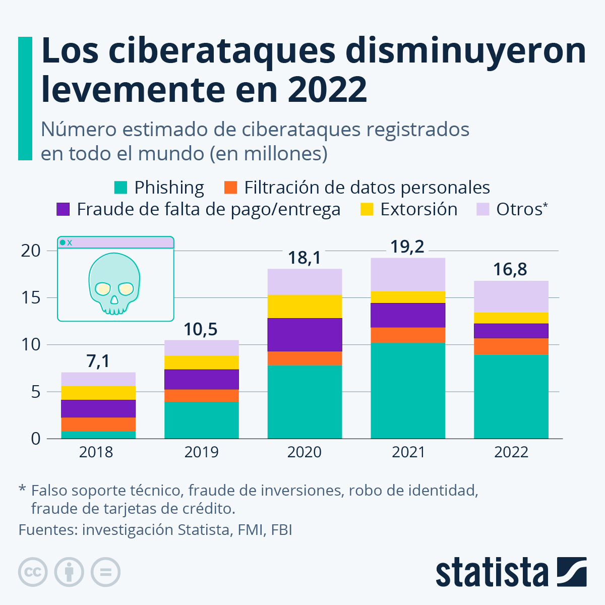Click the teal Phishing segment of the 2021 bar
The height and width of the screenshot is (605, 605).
(x=408, y=390)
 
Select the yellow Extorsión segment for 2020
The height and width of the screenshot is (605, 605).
(x=305, y=307)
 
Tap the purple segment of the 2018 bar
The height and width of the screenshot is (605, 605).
(x=98, y=408)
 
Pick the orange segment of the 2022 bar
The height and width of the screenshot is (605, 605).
(x=511, y=346)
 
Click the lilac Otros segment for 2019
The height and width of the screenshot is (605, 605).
(x=202, y=348)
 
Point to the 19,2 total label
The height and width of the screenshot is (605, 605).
(x=407, y=247)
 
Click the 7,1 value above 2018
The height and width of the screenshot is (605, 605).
(x=98, y=361)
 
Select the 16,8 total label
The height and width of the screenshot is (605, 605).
(x=510, y=270)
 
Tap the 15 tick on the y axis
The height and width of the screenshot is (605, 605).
(x=31, y=298)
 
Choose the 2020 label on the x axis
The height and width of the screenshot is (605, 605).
(x=305, y=452)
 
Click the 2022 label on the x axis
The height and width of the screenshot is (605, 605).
(x=511, y=452)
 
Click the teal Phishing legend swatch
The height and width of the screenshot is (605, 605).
(x=120, y=188)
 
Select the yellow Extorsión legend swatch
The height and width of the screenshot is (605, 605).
(x=367, y=209)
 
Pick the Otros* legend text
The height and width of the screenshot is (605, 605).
(x=521, y=209)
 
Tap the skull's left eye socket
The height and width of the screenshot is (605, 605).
(x=103, y=288)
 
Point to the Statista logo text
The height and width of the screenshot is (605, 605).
(x=492, y=573)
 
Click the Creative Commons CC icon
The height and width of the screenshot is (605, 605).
(x=33, y=572)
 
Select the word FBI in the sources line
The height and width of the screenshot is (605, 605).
(x=281, y=530)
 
